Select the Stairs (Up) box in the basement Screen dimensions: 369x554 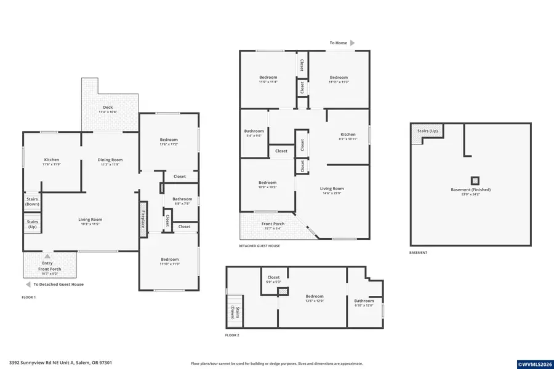coord(427,132)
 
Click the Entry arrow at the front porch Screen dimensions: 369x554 coord(47,256)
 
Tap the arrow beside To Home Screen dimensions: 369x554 coord(352,43)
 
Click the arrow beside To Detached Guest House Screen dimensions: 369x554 coord(27,284)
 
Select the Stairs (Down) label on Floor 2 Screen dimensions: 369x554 coord(233,312)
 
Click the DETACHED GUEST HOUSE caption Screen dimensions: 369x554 coord(259,246)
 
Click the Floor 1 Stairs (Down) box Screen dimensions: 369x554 coord(32,201)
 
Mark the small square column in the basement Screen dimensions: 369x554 coord(475,181)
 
